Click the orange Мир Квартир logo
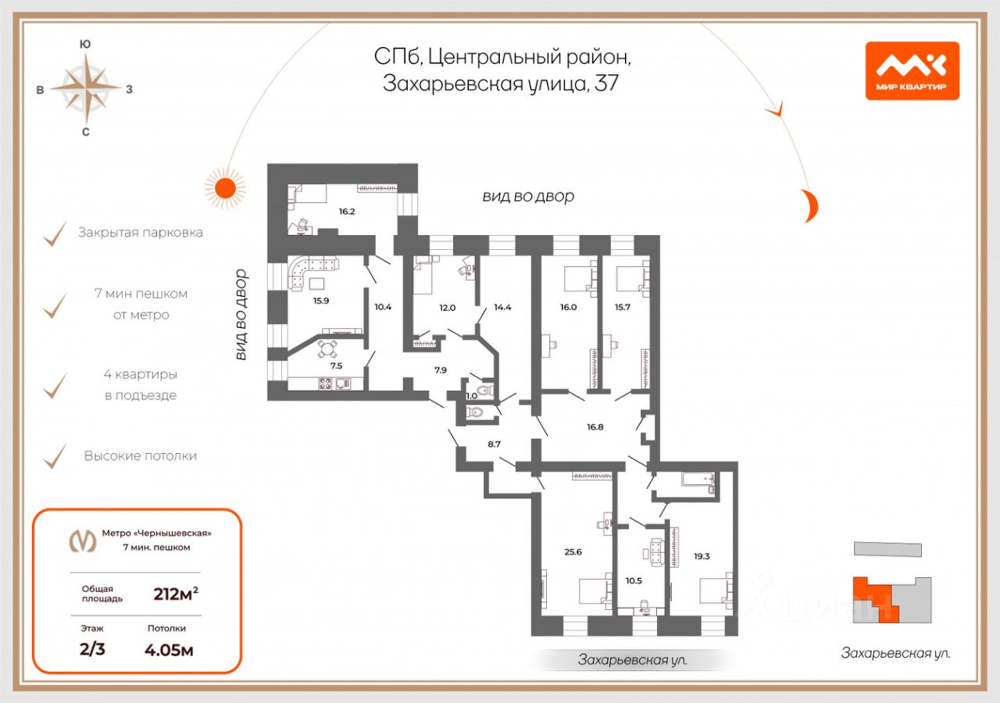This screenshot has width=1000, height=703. click(912, 71)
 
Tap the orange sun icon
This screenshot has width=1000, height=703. click(225, 188)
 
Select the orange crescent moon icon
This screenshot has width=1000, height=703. click(810, 205)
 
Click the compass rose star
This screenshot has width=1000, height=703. click(86, 88)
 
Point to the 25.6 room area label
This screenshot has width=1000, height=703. click(573, 552)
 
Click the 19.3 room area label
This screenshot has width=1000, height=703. click(702, 557)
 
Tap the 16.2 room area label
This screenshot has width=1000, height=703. click(346, 212)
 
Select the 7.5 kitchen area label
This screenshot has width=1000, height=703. click(336, 366)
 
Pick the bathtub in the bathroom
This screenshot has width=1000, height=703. click(698, 480)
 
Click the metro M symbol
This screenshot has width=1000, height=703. click(83, 541)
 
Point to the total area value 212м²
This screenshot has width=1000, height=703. click(176, 594)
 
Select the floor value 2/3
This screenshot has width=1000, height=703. click(92, 649)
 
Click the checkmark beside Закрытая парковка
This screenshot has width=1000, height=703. click(55, 234)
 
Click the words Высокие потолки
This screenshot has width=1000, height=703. click(140, 456)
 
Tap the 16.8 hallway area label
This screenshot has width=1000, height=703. click(595, 427)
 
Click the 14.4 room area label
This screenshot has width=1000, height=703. click(502, 307)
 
